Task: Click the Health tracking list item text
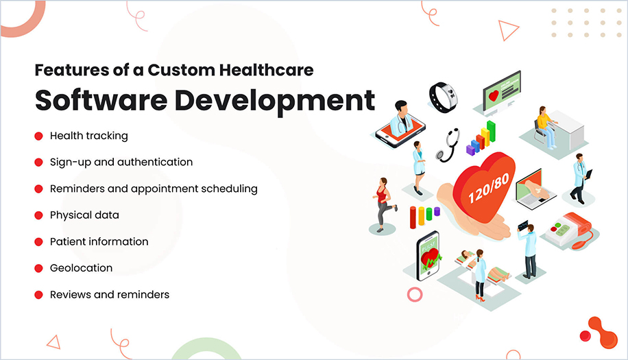tap(88, 136)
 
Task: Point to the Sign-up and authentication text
tap(121, 163)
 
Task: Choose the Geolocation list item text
tap(81, 268)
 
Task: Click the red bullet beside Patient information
tap(39, 242)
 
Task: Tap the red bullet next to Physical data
tap(39, 215)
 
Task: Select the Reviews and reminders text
tap(109, 295)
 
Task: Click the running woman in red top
tap(384, 203)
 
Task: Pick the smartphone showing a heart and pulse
tap(428, 255)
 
